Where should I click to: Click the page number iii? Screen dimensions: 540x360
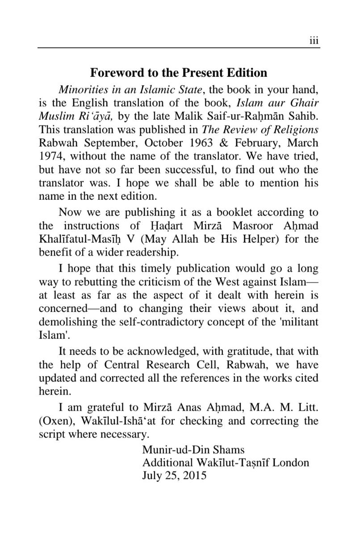314,41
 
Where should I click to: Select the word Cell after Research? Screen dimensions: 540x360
202,365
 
